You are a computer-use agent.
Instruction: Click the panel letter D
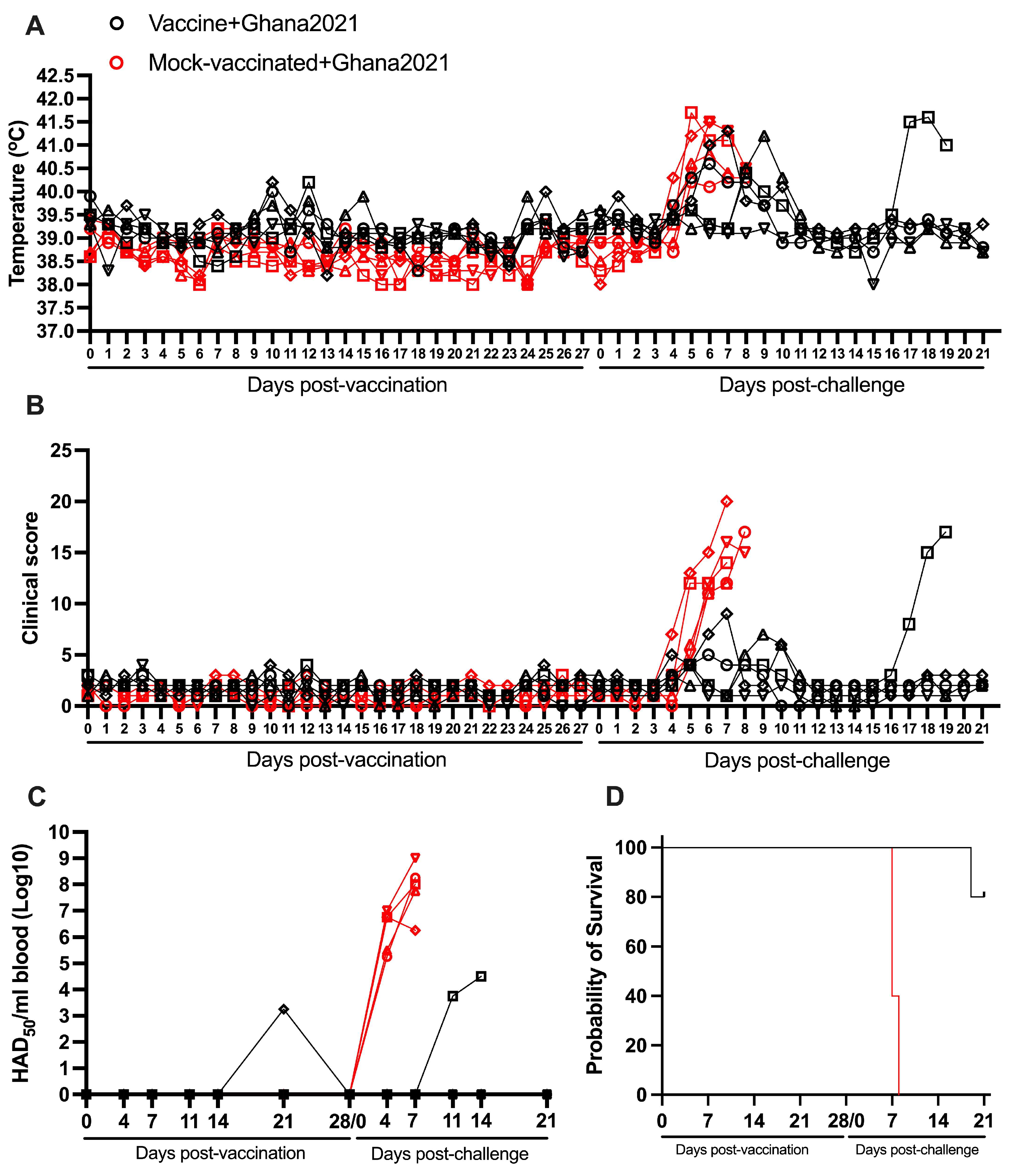(615, 797)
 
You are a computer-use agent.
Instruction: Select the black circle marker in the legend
(117, 24)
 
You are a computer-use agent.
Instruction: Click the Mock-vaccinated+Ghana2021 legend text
(299, 63)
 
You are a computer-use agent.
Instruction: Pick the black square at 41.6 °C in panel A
(928, 117)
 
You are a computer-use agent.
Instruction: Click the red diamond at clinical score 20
(727, 501)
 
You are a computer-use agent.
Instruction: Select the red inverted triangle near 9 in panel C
(415, 857)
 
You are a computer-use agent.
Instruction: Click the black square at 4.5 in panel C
(481, 976)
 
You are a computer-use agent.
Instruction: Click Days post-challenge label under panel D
(917, 1150)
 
